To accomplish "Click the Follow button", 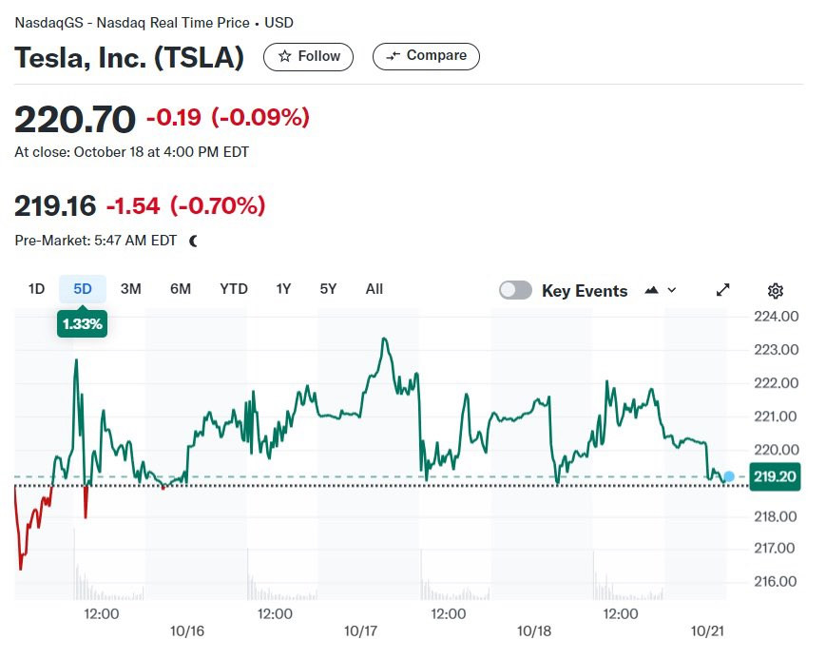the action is [308, 56].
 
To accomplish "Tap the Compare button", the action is [426, 56].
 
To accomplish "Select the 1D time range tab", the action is [36, 289].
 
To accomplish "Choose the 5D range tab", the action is [82, 289].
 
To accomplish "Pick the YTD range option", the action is [234, 289].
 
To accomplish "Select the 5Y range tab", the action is [328, 289].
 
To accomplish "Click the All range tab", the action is [374, 289].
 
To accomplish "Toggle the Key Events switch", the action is [515, 290].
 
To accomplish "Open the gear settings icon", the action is [776, 290].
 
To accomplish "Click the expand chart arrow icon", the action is [722, 290].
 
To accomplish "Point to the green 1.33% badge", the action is [82, 323].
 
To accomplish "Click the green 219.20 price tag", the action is [775, 476].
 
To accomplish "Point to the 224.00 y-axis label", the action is [776, 317].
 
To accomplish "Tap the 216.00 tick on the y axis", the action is [776, 582].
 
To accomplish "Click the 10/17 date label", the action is [360, 631].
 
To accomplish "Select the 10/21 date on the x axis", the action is [707, 631].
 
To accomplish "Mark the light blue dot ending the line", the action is [728, 477].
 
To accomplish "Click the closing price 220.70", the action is [75, 119].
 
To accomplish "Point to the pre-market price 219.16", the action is [55, 205].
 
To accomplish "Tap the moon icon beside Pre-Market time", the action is [193, 241].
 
